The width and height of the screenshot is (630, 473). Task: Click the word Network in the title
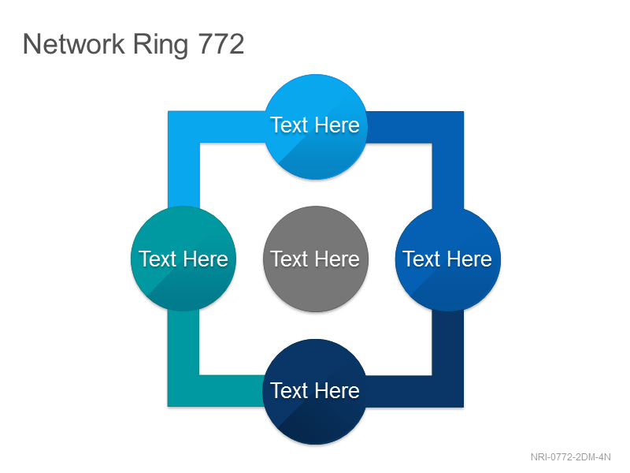pos(74,44)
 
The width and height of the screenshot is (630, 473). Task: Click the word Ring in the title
pos(161,46)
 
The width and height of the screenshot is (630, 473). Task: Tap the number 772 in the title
pos(221,44)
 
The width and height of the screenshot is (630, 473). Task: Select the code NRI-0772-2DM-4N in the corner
pos(570,457)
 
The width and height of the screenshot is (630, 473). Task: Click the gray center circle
pos(316,259)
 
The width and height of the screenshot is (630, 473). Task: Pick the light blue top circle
pos(316,126)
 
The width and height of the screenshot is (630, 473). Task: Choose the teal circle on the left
pos(183,259)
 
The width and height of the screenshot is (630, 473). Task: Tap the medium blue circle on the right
pos(448,259)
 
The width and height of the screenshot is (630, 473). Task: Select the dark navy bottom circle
pos(315,391)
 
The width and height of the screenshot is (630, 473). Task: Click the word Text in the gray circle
pos(289,259)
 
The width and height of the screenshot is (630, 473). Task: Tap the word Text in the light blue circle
pos(289,125)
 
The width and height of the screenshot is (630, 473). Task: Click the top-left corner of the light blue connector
pos(169,112)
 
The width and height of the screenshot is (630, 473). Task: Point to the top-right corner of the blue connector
pos(463,112)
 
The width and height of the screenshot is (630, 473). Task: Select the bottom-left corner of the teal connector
pos(169,406)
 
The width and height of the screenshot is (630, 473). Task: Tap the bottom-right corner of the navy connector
pos(463,407)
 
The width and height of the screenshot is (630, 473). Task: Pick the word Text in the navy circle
pos(289,390)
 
